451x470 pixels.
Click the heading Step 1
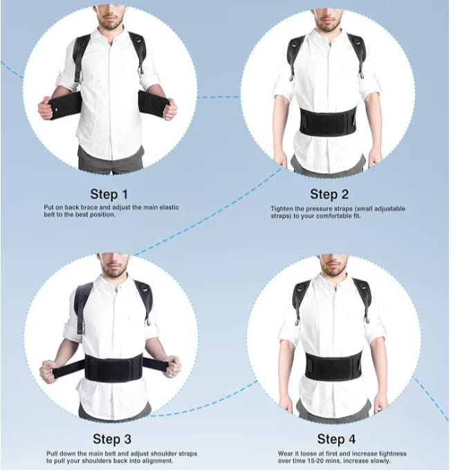pyautogui.click(x=109, y=194)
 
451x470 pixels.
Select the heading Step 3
pyautogui.click(x=113, y=438)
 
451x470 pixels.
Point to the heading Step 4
pyautogui.click(x=336, y=439)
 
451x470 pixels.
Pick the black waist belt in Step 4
pyautogui.click(x=333, y=364)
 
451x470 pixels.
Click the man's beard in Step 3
pyautogui.click(x=113, y=266)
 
